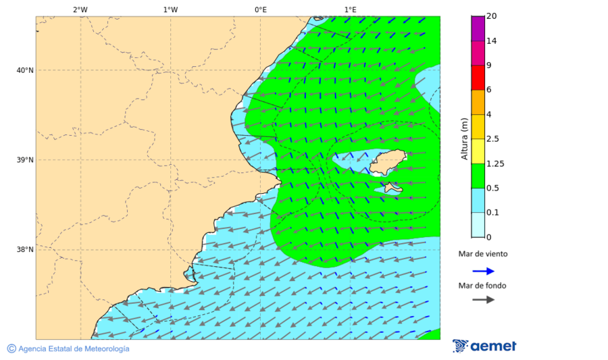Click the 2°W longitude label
click(x=80, y=9)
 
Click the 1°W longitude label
click(x=170, y=9)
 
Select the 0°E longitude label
click(x=260, y=9)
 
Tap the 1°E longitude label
click(x=350, y=9)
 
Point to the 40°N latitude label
click(x=25, y=70)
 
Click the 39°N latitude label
click(x=25, y=160)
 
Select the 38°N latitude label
click(x=25, y=250)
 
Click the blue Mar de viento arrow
click(x=483, y=271)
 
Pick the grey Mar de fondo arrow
click(x=483, y=300)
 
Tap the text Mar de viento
click(x=482, y=255)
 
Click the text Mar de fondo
click(x=482, y=286)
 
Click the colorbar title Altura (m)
click(x=464, y=139)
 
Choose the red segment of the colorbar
click(x=478, y=77)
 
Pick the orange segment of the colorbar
click(x=478, y=102)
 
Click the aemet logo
click(x=484, y=346)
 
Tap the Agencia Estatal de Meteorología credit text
click(x=68, y=349)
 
